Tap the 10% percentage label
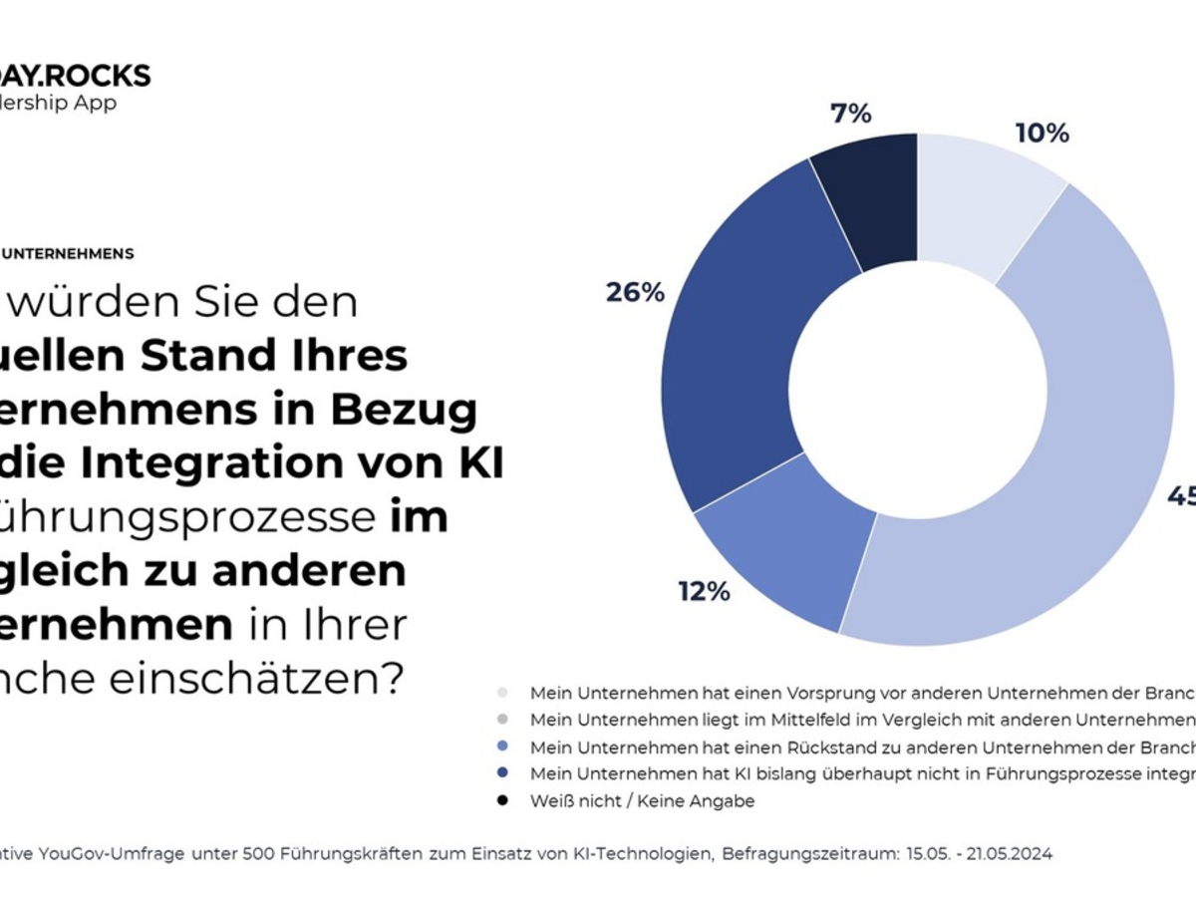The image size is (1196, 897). [x=1042, y=134]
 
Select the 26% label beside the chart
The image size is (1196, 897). [x=635, y=293]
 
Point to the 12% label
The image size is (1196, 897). [x=705, y=591]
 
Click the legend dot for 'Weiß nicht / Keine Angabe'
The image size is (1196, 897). [x=502, y=801]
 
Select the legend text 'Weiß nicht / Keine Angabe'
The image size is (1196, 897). [x=642, y=801]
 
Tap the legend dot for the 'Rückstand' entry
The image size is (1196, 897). [x=502, y=747]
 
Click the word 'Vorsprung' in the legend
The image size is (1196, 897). [x=817, y=693]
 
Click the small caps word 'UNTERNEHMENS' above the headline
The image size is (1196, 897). [x=68, y=254]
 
